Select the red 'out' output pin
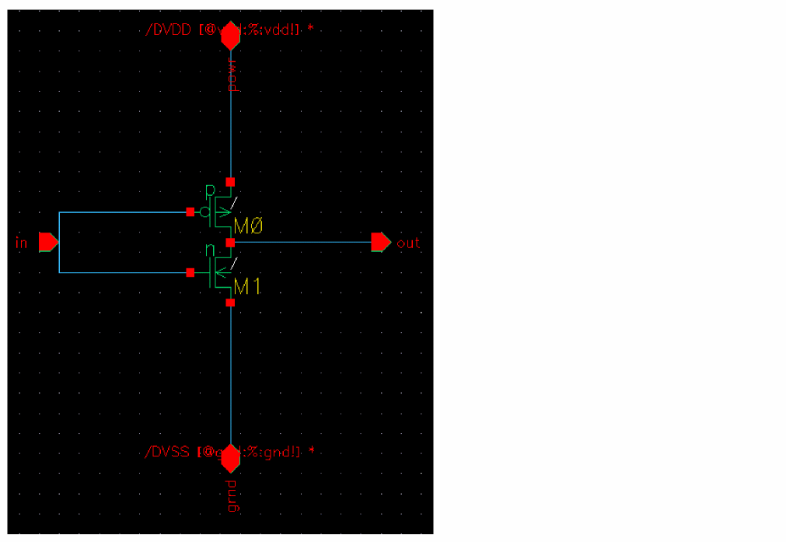pyautogui.click(x=380, y=243)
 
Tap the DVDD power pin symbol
pyautogui.click(x=230, y=36)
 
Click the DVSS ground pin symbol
pyautogui.click(x=230, y=457)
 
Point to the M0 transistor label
pyautogui.click(x=249, y=226)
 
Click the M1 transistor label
pyautogui.click(x=248, y=287)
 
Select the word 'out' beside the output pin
pyautogui.click(x=407, y=243)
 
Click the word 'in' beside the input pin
pyautogui.click(x=21, y=243)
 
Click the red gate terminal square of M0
pyautogui.click(x=190, y=212)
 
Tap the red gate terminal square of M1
pyautogui.click(x=190, y=272)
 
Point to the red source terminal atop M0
pyautogui.click(x=230, y=182)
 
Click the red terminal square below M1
pyautogui.click(x=230, y=302)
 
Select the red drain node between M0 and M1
pyautogui.click(x=230, y=243)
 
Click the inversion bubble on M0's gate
pyautogui.click(x=204, y=212)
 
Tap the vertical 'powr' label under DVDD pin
pyautogui.click(x=232, y=75)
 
